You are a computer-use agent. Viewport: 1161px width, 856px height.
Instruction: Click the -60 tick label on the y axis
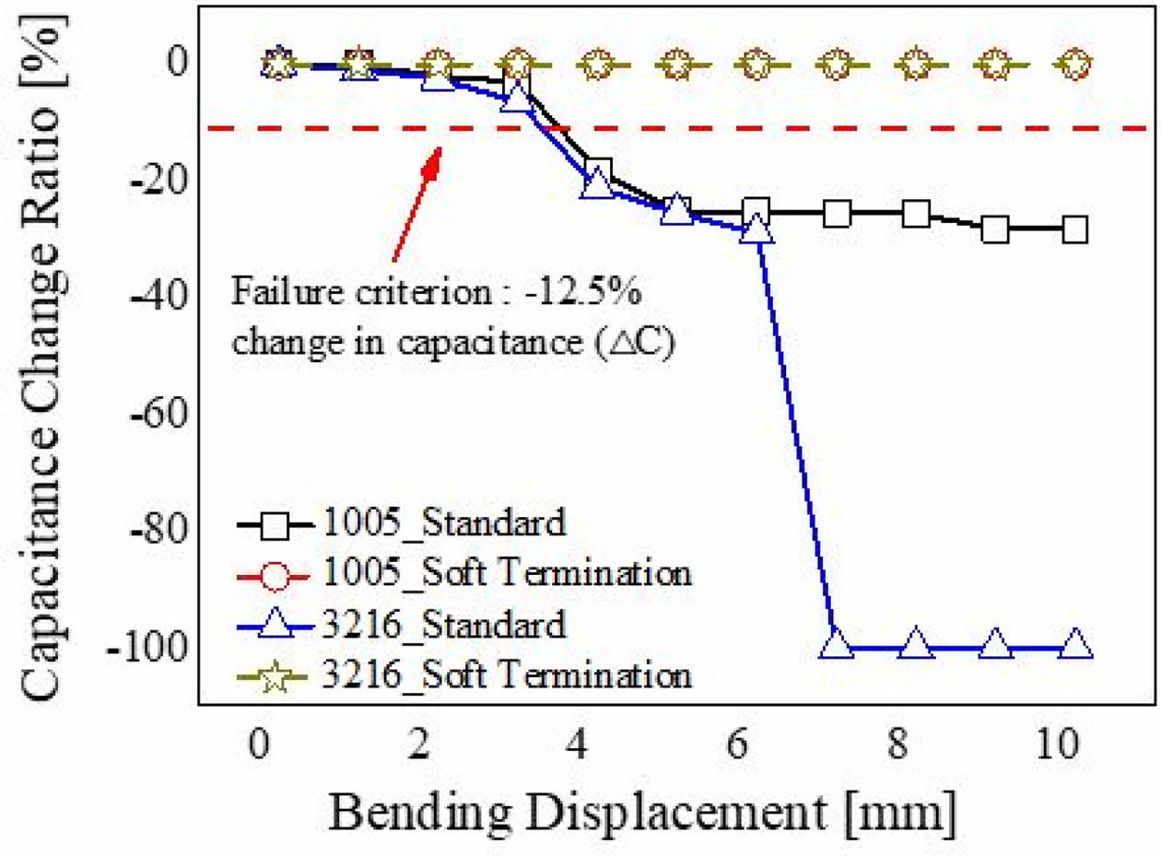pyautogui.click(x=160, y=413)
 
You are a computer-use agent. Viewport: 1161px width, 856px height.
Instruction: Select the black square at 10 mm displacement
pyautogui.click(x=1074, y=229)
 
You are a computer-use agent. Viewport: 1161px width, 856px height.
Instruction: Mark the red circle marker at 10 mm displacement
pyautogui.click(x=1074, y=64)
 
